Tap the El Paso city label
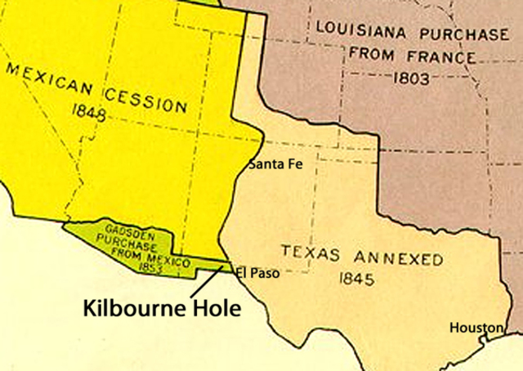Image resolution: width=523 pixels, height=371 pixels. [257, 273]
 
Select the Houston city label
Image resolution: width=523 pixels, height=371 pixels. [476, 328]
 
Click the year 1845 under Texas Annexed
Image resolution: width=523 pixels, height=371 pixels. [357, 279]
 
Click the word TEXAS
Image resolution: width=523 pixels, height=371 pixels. [311, 252]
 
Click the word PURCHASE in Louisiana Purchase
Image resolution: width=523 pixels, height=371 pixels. [463, 35]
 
